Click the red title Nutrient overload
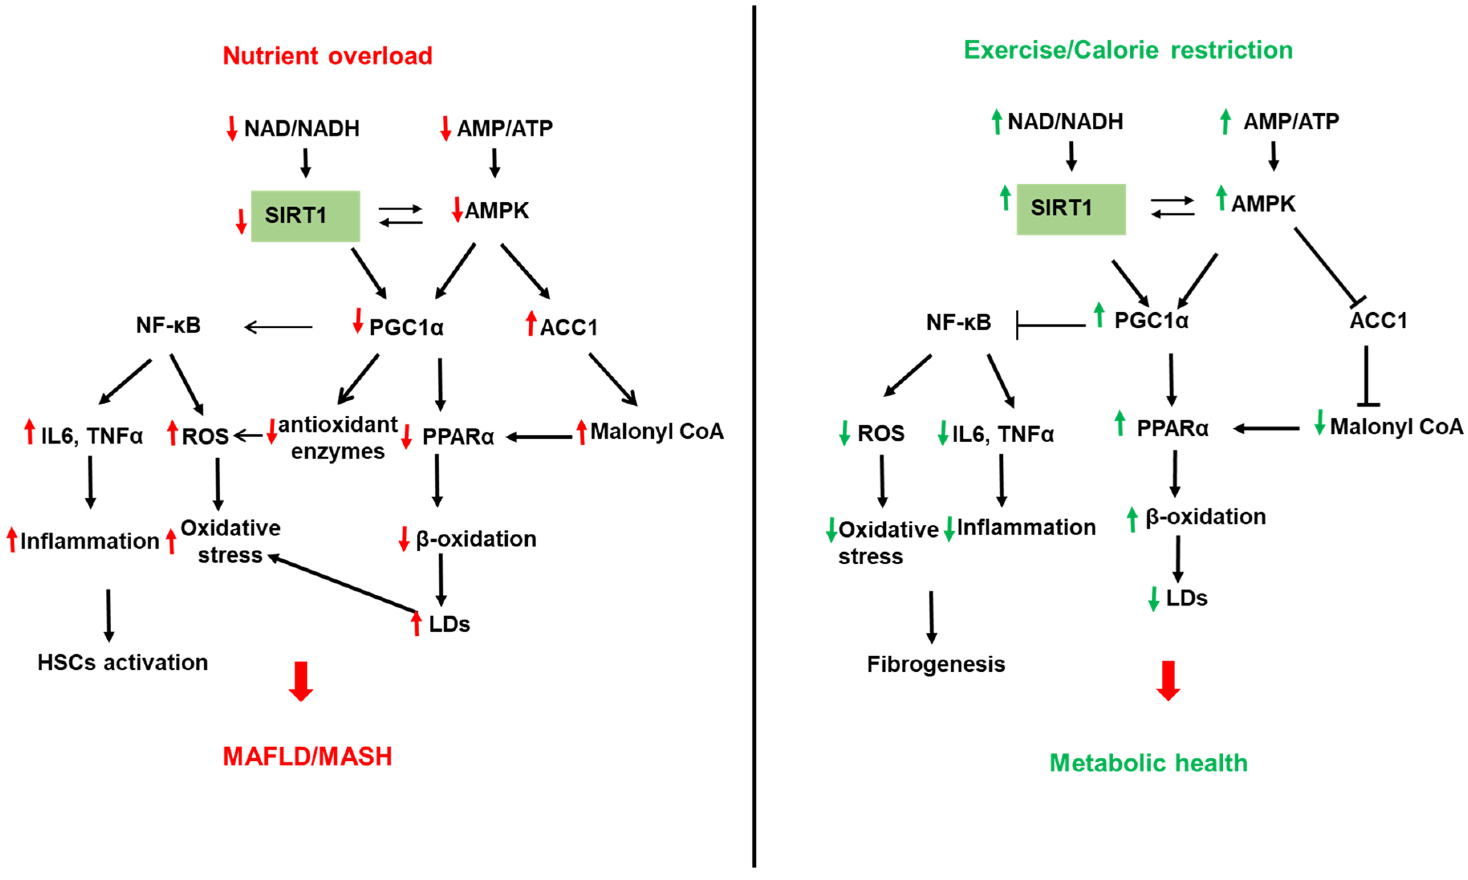coord(327,56)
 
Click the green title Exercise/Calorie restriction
coord(1128,50)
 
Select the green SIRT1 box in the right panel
coord(1070,209)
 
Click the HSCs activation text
coord(123,663)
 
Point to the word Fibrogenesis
coord(935,664)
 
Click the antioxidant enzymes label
coord(338,438)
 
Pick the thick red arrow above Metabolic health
coord(1167,680)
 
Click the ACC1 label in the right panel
coord(1377,321)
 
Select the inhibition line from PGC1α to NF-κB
coord(1050,325)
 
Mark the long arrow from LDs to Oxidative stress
coord(342,584)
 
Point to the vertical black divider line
coord(754,439)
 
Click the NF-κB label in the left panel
coord(169,325)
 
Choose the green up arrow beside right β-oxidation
coord(1132,520)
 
